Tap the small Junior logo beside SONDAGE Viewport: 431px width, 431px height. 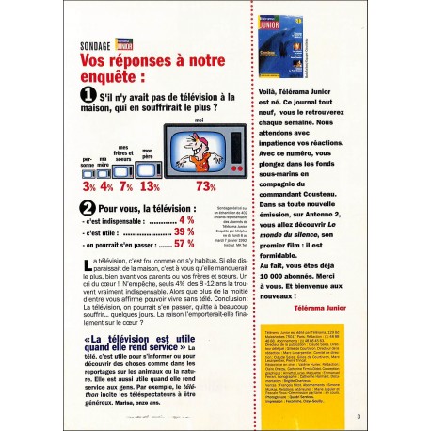118,43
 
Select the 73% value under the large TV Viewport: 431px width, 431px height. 206,186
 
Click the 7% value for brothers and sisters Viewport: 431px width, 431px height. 124,186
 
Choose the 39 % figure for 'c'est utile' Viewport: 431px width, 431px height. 184,231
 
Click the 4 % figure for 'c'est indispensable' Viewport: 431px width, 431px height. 186,218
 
